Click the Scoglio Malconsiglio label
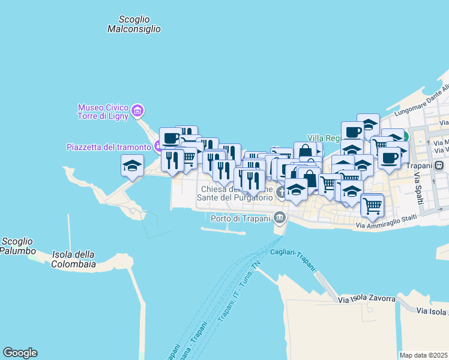tap(134, 24)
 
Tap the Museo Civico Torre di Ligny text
tap(103, 112)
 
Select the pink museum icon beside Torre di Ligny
tap(139, 110)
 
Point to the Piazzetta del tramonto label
tap(109, 147)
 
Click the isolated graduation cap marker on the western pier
tap(132, 165)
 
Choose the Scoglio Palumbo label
tap(17, 246)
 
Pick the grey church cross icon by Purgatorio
tap(282, 193)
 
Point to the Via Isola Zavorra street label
tap(367, 299)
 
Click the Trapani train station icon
tap(440, 165)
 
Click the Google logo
tap(20, 353)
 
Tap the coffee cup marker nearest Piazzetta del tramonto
tap(170, 138)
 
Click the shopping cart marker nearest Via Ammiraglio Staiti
tap(372, 205)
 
